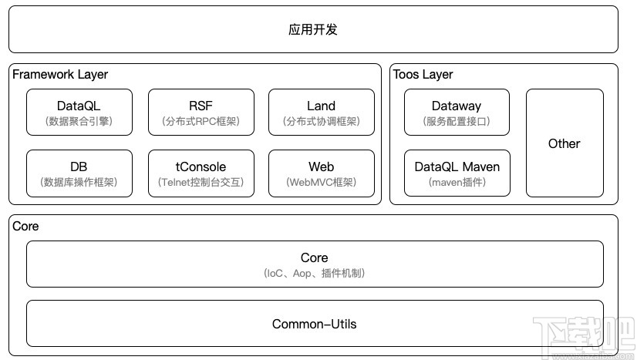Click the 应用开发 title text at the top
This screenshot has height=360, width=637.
pyautogui.click(x=313, y=30)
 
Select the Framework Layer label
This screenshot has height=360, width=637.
pyautogui.click(x=60, y=75)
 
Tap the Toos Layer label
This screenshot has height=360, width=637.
pyautogui.click(x=423, y=75)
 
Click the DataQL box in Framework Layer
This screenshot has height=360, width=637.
pyautogui.click(x=79, y=112)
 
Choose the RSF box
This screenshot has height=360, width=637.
pyautogui.click(x=201, y=112)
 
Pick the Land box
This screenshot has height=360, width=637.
pyautogui.click(x=321, y=112)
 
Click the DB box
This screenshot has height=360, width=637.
pyautogui.click(x=79, y=173)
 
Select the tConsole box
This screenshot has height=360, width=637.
pyautogui.click(x=201, y=173)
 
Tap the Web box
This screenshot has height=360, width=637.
pyautogui.click(x=321, y=173)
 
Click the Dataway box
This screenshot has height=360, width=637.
pyautogui.click(x=457, y=112)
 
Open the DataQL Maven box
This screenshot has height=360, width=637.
pyautogui.click(x=457, y=173)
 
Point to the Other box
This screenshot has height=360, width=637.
pyautogui.click(x=565, y=143)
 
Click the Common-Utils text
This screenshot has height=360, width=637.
pyautogui.click(x=315, y=324)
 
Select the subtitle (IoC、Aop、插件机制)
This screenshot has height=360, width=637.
pyautogui.click(x=315, y=273)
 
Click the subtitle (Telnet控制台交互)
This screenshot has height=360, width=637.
pyautogui.click(x=201, y=183)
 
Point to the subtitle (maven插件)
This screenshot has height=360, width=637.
pyautogui.click(x=457, y=183)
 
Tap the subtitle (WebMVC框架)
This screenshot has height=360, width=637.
pyautogui.click(x=321, y=183)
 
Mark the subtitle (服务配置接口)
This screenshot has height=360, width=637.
pyautogui.click(x=457, y=122)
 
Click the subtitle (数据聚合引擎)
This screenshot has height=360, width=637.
pyautogui.click(x=79, y=122)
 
